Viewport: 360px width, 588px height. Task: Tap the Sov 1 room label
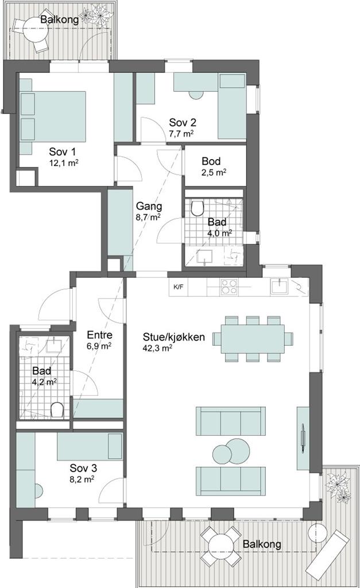[62, 152]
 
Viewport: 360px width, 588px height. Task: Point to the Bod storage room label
[211, 161]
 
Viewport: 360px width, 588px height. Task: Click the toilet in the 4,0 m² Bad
[197, 207]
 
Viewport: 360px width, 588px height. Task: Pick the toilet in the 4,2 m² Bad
[57, 409]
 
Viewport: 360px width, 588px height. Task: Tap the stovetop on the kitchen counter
[229, 288]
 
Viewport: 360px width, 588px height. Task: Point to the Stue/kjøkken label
[174, 337]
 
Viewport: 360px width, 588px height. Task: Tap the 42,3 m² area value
[157, 347]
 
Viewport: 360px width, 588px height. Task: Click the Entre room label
[99, 335]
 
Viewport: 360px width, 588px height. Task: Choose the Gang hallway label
[149, 206]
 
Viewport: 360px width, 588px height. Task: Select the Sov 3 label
[83, 468]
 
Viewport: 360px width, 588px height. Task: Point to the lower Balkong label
[262, 544]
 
